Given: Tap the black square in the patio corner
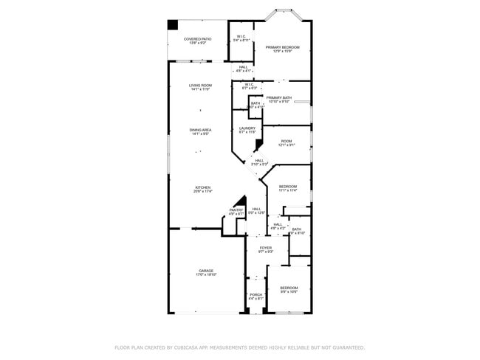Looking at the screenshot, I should (173, 24).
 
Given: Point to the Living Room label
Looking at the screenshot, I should (200, 86).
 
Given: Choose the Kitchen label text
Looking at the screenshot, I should (203, 188).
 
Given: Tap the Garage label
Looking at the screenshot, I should (206, 271).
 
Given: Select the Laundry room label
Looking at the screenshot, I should (247, 128).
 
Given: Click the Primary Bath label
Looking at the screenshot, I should (279, 98).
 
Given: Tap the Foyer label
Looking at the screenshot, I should (265, 248).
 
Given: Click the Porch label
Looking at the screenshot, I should (255, 295).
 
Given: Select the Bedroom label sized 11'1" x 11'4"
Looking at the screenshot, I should (288, 187).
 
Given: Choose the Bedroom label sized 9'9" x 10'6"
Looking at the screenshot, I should (289, 288).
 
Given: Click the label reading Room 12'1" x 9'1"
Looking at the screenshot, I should (287, 142).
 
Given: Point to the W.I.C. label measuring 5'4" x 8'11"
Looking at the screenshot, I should (241, 38).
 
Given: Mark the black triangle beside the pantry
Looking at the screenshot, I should (240, 201).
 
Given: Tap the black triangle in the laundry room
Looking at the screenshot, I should (258, 145).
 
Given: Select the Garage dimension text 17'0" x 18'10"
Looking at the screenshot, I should (206, 274).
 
